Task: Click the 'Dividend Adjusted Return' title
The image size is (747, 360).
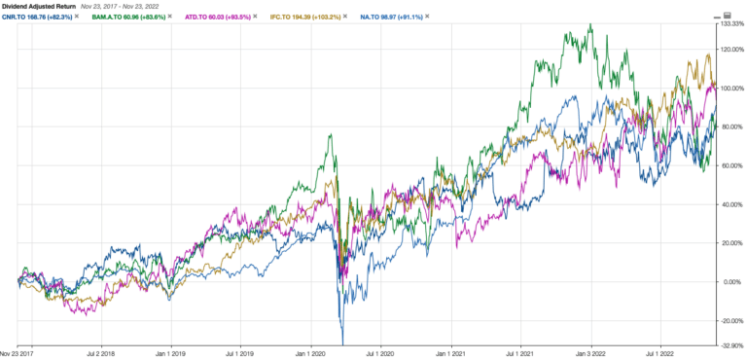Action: [38, 5]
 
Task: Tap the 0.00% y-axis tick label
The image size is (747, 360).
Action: [729, 281]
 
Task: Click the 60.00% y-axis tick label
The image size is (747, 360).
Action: [730, 165]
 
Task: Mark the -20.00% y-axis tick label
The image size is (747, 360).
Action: [730, 320]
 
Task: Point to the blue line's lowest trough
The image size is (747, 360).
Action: [341, 343]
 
